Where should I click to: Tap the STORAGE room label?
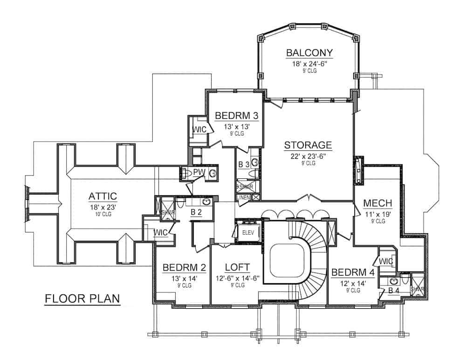[308, 145]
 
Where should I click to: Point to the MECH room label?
[377, 203]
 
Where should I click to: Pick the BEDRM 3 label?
[236, 115]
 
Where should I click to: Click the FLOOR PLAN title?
[82, 298]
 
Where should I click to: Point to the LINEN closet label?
[243, 197]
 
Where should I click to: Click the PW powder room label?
[199, 172]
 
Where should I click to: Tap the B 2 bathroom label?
[196, 212]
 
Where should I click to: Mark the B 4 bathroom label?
[394, 291]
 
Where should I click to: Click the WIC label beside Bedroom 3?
[199, 129]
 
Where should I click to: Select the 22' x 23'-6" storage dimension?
[308, 156]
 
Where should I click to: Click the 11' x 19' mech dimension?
[377, 214]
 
